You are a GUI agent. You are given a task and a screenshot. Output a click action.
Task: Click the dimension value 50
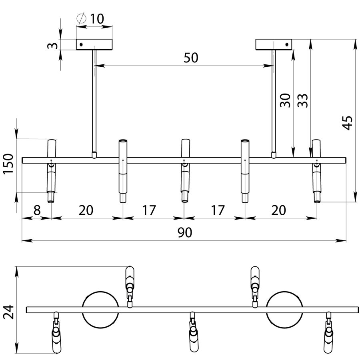click(x=190, y=58)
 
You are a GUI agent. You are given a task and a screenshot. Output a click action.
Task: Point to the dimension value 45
click(x=348, y=123)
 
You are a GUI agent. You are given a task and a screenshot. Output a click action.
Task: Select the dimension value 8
click(x=36, y=210)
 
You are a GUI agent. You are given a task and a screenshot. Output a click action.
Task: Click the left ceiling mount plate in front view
click(x=95, y=44)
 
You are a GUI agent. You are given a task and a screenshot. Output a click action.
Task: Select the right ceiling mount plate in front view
click(x=274, y=44)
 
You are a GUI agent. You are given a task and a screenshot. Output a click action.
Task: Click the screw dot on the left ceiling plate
click(x=81, y=44)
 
